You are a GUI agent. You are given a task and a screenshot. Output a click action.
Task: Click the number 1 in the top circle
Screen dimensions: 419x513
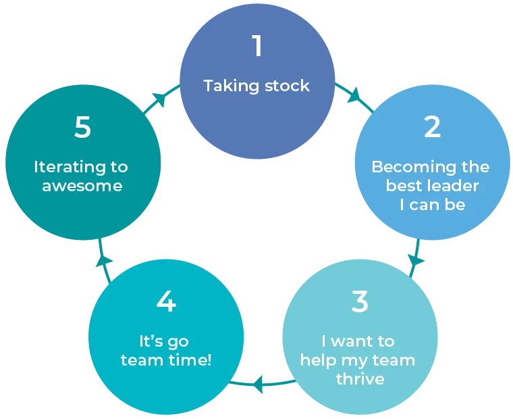pyautogui.click(x=256, y=46)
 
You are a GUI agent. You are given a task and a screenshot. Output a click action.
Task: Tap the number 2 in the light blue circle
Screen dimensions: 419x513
pyautogui.click(x=432, y=127)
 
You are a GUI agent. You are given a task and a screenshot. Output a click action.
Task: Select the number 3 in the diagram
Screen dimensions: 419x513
pyautogui.click(x=360, y=301)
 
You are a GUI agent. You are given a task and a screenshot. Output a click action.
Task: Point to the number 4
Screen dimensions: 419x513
pyautogui.click(x=166, y=301)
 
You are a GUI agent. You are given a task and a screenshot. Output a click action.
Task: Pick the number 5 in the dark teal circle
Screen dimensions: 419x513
pyautogui.click(x=82, y=127)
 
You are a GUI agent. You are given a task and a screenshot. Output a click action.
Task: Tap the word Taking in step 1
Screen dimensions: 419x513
pyautogui.click(x=226, y=86)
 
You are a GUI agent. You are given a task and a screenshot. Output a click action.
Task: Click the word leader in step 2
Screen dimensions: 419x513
pyautogui.click(x=455, y=186)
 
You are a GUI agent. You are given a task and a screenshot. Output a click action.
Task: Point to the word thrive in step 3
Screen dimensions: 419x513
pyautogui.click(x=360, y=378)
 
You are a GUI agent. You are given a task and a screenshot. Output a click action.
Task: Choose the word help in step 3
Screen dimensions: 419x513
pyautogui.click(x=317, y=360)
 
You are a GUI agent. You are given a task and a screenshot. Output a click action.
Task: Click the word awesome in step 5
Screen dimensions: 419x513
pyautogui.click(x=82, y=186)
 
